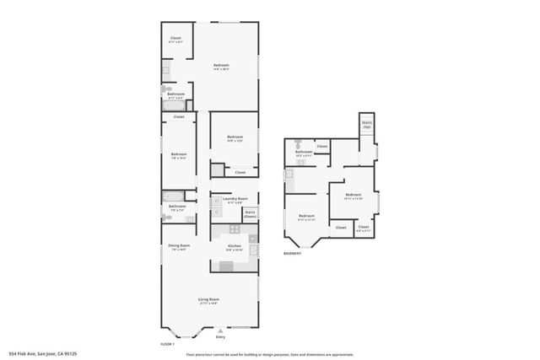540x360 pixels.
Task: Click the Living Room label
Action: click(x=208, y=300)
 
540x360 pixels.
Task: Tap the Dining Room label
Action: click(x=179, y=246)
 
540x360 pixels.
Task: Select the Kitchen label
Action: click(x=234, y=247)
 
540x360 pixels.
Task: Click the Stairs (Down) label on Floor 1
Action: click(x=250, y=214)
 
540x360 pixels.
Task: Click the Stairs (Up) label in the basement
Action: click(x=366, y=124)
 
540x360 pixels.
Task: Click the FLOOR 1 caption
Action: click(x=167, y=344)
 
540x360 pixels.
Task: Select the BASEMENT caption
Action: click(x=292, y=253)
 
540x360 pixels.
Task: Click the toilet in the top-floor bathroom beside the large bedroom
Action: click(x=167, y=88)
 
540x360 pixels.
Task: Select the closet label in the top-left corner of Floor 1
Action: click(x=175, y=39)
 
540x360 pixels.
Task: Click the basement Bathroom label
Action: click(x=304, y=153)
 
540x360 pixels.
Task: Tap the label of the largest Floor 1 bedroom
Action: click(x=221, y=66)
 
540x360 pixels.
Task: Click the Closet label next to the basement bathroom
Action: click(x=322, y=147)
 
